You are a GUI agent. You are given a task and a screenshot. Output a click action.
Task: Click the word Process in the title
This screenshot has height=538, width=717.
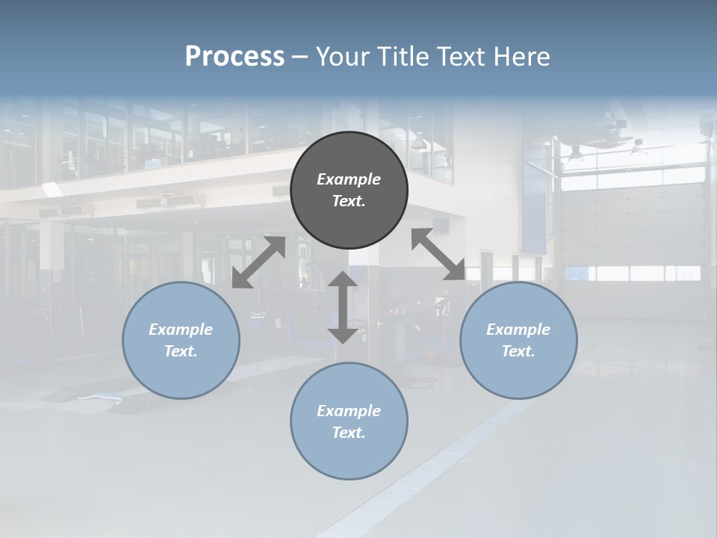point(235,57)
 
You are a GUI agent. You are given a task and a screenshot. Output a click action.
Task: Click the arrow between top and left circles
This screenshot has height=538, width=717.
point(258,262)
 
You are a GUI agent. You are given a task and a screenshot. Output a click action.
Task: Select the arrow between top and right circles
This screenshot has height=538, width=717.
point(438,254)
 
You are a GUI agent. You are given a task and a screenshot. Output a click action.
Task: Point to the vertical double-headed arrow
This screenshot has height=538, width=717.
point(343,307)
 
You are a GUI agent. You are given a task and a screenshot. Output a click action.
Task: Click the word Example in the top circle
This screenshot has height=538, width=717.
point(349,179)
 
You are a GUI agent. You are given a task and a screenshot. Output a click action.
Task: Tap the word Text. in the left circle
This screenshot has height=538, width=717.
point(181,351)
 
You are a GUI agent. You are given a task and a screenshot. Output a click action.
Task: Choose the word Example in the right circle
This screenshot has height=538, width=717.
point(518,330)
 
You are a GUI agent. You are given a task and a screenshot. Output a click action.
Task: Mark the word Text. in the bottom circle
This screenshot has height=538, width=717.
point(349,433)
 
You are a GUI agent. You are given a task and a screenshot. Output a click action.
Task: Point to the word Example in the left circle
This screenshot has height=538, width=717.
point(181,330)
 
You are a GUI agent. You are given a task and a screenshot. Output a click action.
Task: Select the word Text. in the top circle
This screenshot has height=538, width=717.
point(349,201)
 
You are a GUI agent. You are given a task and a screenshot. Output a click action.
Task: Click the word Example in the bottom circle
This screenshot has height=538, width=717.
point(349,411)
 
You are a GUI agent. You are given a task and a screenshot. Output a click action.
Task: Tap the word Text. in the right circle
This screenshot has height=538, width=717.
point(518,351)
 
